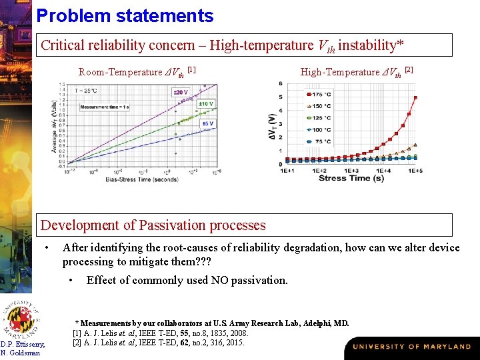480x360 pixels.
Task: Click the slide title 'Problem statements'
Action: (x=125, y=16)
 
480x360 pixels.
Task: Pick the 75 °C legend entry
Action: (x=319, y=141)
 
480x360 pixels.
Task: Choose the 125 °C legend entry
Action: (x=319, y=117)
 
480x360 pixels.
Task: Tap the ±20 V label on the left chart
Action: (x=180, y=92)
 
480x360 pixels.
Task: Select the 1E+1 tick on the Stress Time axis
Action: (x=288, y=171)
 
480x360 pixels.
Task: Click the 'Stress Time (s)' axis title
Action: (x=351, y=178)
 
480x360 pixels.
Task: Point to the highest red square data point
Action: (x=415, y=97)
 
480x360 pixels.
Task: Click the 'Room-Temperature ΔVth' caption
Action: (x=137, y=71)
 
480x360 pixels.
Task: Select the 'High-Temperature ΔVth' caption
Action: (x=357, y=71)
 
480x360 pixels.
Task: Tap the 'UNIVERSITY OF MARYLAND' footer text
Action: (x=411, y=347)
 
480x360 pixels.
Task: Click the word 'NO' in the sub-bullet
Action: (x=219, y=280)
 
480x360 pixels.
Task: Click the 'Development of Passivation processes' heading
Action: (x=153, y=225)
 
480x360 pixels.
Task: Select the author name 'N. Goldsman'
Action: (x=20, y=353)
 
